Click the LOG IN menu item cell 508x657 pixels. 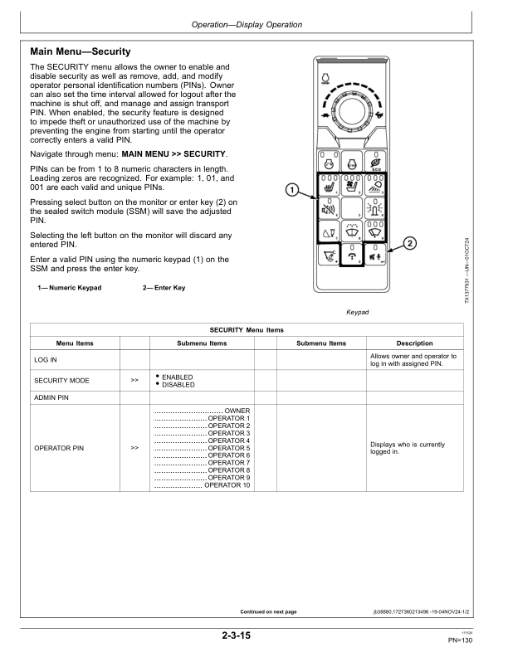point(46,360)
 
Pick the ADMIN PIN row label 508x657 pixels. point(50,397)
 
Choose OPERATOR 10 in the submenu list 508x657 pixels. point(227,484)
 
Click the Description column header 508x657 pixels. point(414,343)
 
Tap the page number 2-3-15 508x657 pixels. point(236,635)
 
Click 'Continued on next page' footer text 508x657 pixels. point(268,611)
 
